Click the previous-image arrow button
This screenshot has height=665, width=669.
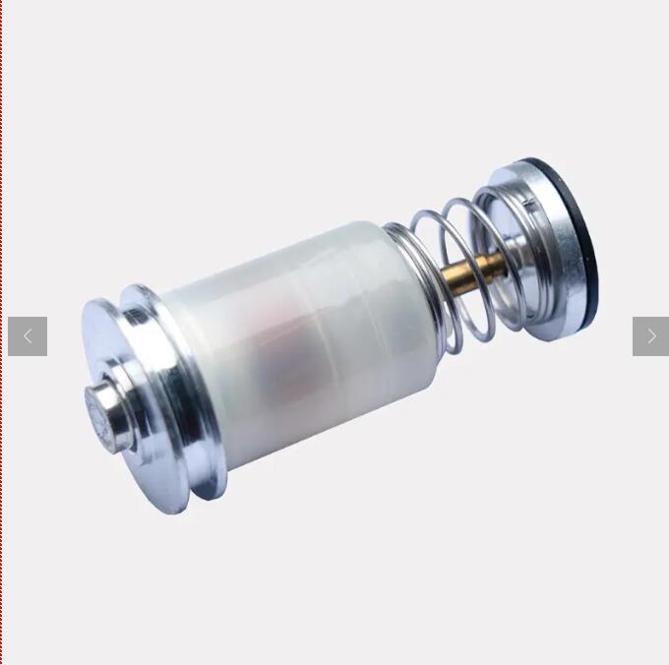[x=28, y=336]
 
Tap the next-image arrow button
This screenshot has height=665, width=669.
[x=650, y=336]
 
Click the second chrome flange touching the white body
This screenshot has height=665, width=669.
[x=177, y=393]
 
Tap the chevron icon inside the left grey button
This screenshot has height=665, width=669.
[x=28, y=336]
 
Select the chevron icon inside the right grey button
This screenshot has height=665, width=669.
[x=651, y=336]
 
